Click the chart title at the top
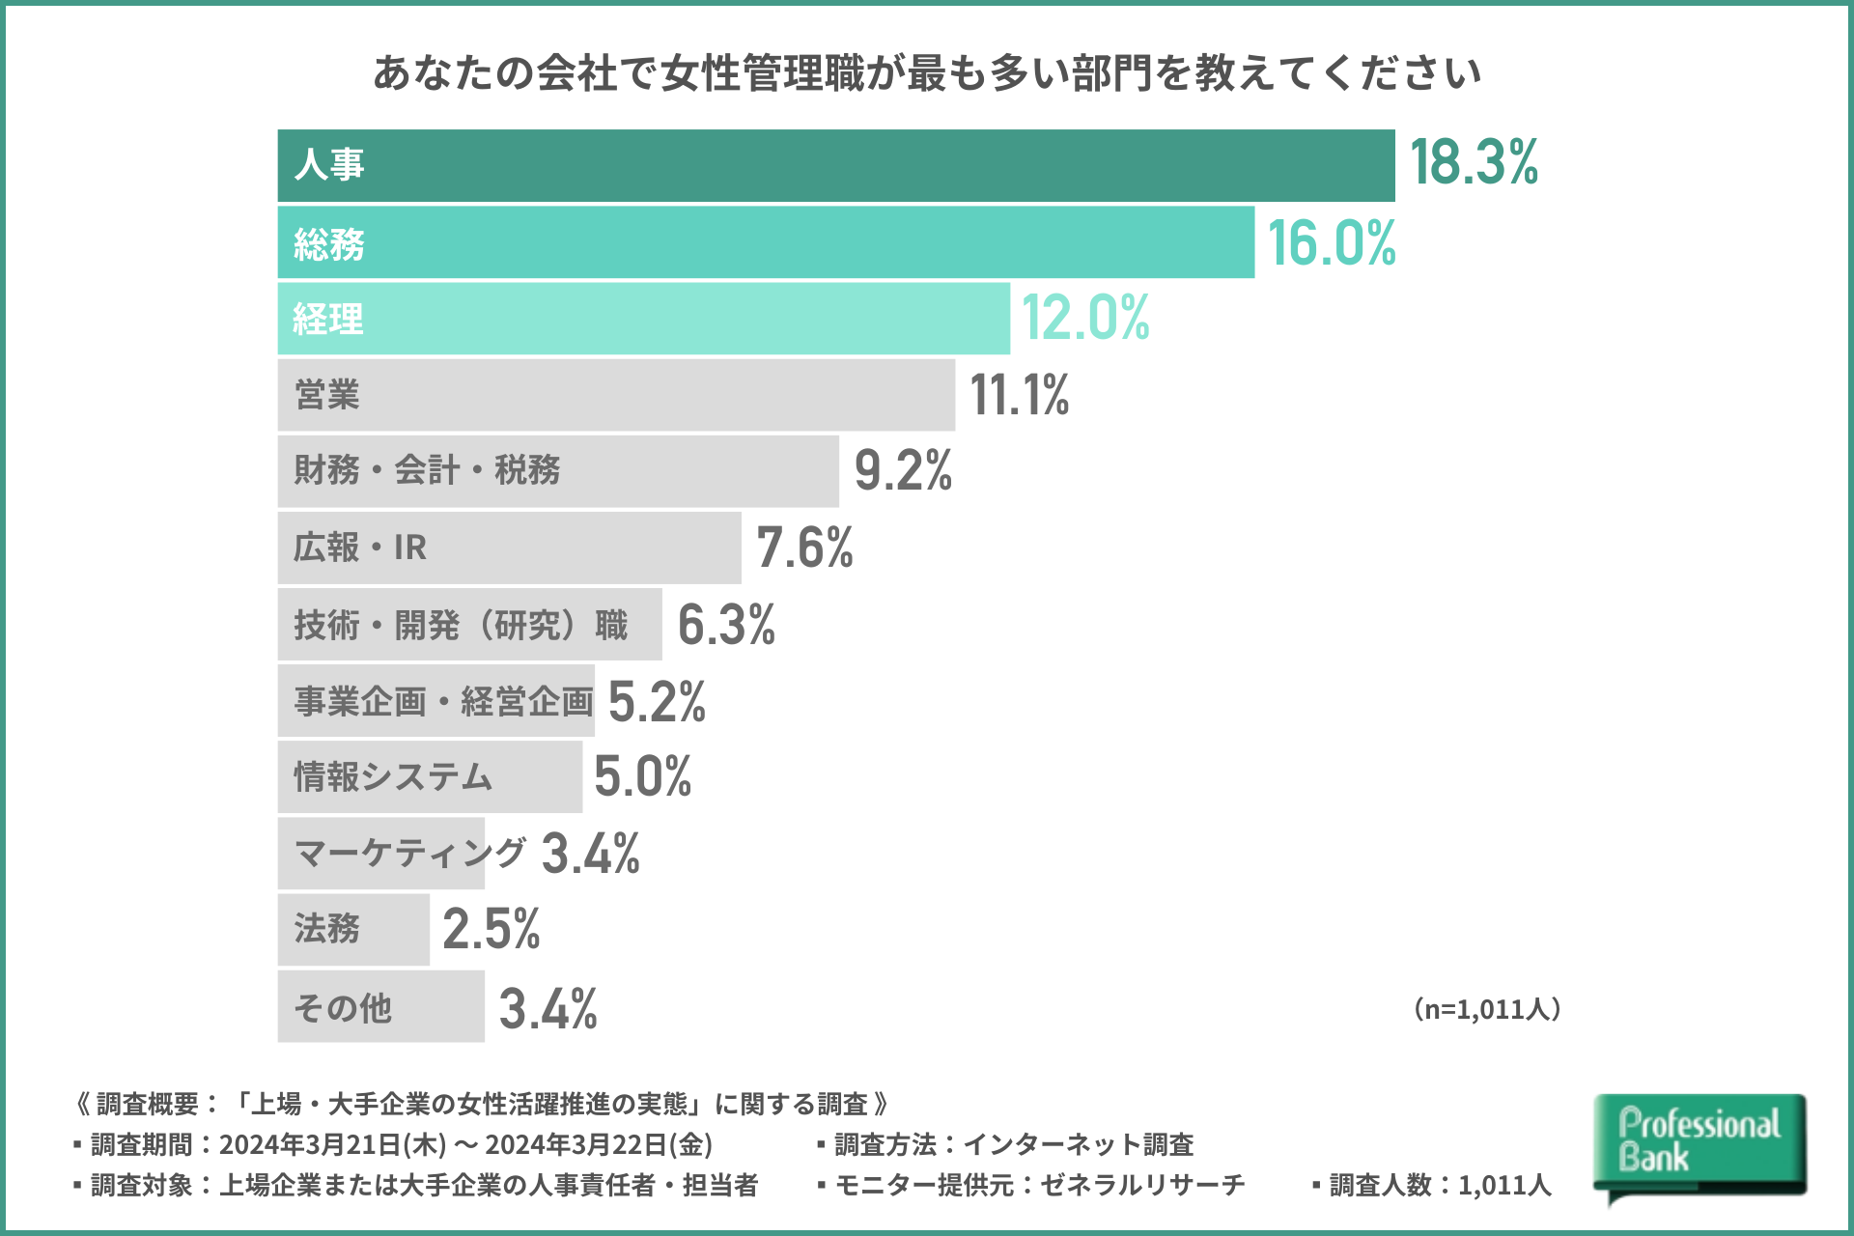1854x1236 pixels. click(927, 73)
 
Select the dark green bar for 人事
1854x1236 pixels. click(836, 165)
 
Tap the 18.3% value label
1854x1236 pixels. click(1474, 162)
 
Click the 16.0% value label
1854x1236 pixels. click(1332, 242)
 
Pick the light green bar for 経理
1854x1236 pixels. click(644, 319)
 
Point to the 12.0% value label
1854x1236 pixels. click(1085, 318)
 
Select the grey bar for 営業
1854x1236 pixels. click(616, 395)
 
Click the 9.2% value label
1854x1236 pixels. click(903, 471)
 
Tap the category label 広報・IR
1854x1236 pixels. click(360, 548)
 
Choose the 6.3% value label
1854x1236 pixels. click(726, 625)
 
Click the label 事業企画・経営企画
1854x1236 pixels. click(443, 701)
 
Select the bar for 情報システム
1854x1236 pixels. click(430, 777)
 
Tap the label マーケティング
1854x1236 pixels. click(409, 853)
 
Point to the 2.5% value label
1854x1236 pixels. click(491, 930)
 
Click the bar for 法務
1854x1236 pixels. click(353, 930)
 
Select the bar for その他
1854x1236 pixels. click(380, 1006)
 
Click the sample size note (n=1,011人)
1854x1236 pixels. click(1487, 1009)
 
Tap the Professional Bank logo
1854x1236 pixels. click(1699, 1145)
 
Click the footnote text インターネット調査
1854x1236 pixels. click(1079, 1145)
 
